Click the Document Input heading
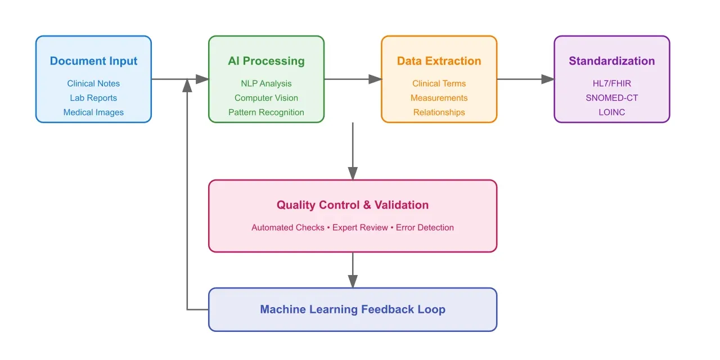[x=93, y=61]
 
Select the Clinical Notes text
[x=93, y=84]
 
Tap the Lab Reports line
[x=93, y=98]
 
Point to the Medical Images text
[x=93, y=112]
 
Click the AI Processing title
[x=266, y=61]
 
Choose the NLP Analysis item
[x=266, y=84]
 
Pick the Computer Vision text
[x=266, y=98]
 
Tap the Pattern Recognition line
[x=266, y=112]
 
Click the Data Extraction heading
[x=439, y=61]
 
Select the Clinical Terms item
[x=439, y=84]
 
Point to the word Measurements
[x=439, y=98]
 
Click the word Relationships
[x=439, y=112]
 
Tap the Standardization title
[x=611, y=61]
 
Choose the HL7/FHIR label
[x=611, y=84]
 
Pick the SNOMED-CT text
[x=611, y=98]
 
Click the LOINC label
[x=611, y=112]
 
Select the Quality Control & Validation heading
[x=353, y=205]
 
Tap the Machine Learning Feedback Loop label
[x=353, y=309]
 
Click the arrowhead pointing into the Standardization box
[x=548, y=79]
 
